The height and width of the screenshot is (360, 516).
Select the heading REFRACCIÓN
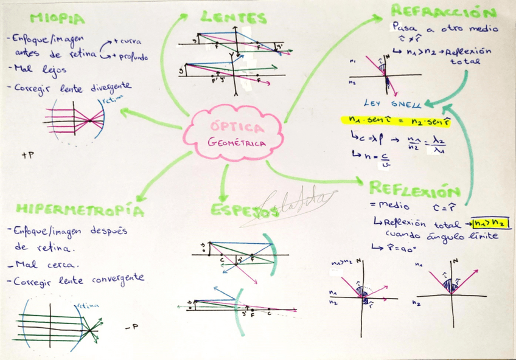pos(444,11)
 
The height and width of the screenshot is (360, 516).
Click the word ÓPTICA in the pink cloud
pos(237,128)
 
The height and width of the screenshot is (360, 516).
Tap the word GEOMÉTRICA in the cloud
pos(237,144)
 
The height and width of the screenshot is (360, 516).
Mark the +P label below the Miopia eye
pos(27,155)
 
